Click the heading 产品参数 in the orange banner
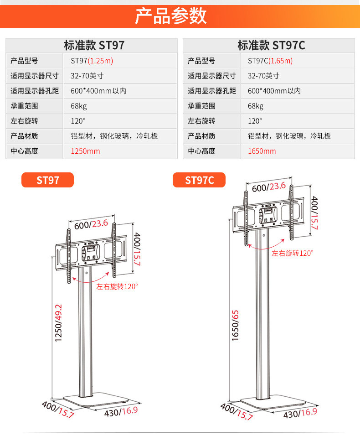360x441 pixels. click(171, 16)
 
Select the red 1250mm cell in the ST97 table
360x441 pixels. click(85, 151)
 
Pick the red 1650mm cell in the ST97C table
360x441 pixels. click(262, 151)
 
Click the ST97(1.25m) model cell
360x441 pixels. click(92, 61)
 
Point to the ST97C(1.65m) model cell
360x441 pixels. click(271, 61)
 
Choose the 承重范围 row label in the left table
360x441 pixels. click(24, 106)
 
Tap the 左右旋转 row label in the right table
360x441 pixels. click(201, 121)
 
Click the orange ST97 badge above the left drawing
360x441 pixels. click(48, 180)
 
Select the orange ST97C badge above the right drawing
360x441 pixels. click(199, 180)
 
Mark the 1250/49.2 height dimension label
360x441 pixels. click(58, 322)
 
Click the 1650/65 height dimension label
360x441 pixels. click(236, 325)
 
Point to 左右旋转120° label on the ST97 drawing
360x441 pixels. click(117, 287)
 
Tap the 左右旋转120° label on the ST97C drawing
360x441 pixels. click(293, 254)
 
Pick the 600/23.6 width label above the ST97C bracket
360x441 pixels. click(268, 186)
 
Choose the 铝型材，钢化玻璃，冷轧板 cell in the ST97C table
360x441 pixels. click(289, 136)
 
